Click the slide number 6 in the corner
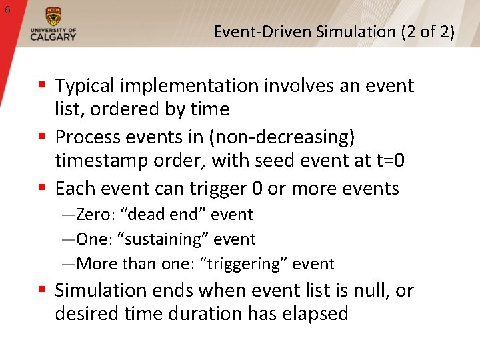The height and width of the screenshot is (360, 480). click(7, 9)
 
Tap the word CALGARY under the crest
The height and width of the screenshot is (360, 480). click(53, 37)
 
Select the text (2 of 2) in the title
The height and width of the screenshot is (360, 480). click(428, 31)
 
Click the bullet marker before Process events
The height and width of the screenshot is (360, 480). click(41, 137)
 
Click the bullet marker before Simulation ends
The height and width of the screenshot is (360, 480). click(41, 291)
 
